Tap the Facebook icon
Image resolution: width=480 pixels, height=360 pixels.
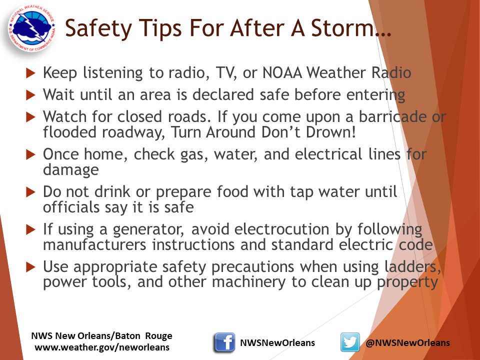224,342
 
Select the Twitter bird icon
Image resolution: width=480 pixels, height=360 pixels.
350,342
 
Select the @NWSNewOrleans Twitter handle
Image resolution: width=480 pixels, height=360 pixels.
407,342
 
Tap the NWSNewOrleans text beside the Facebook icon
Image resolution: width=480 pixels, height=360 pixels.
277,342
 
